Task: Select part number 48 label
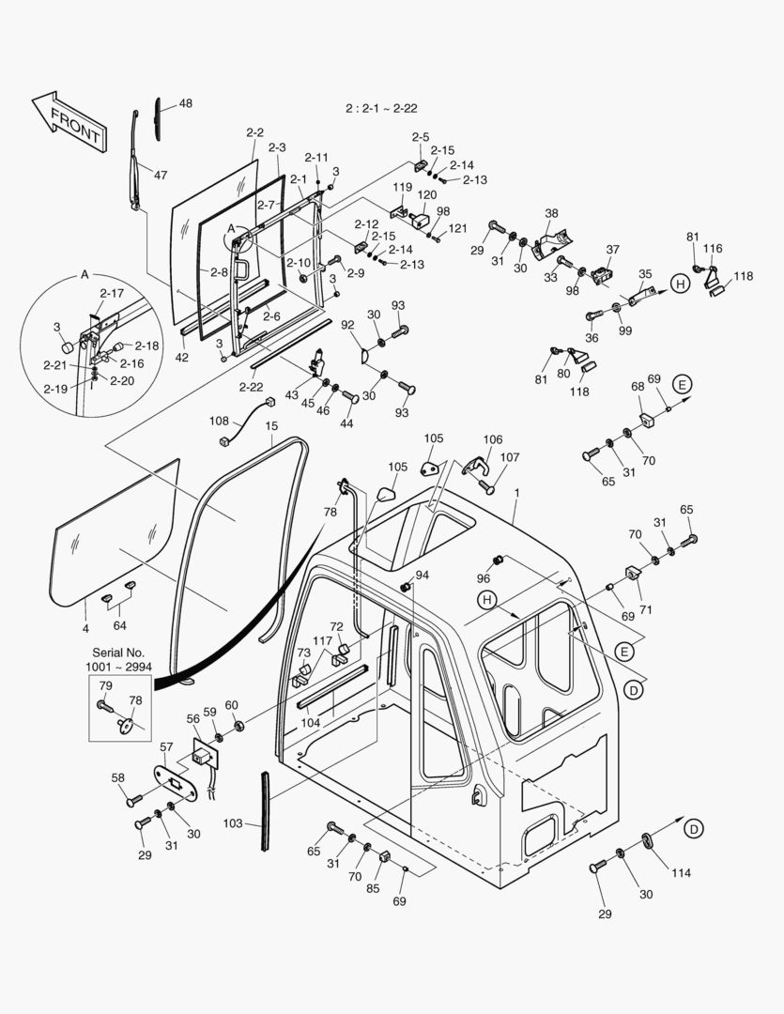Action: pos(186,104)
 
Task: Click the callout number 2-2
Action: pos(254,133)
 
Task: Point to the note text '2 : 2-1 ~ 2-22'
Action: pos(383,109)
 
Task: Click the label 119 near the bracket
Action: pos(403,187)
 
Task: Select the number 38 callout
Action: pos(551,213)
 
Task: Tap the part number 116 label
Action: pos(714,249)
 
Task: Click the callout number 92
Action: pos(348,325)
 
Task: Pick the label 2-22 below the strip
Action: pos(251,387)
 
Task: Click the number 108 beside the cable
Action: pos(219,422)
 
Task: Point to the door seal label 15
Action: pos(271,426)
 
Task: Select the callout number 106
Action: pos(493,439)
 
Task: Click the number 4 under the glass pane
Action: pos(85,627)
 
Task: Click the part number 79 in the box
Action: pos(105,685)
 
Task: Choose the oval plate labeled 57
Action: pos(177,781)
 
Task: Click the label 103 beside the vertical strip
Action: pos(232,823)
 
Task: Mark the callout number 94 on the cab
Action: pos(422,575)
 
